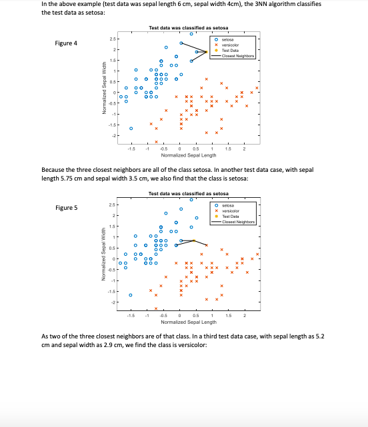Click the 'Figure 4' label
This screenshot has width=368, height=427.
pyautogui.click(x=66, y=43)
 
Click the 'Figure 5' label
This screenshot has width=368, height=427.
pyautogui.click(x=66, y=207)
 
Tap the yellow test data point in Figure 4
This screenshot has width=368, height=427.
pyautogui.click(x=206, y=51)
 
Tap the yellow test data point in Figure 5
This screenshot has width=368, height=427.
pyautogui.click(x=193, y=240)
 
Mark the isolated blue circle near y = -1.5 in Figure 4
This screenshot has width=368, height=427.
pyautogui.click(x=131, y=128)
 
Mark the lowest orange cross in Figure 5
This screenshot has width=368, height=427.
pyautogui.click(x=156, y=308)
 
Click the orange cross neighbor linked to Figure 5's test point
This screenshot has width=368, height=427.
pyautogui.click(x=207, y=246)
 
